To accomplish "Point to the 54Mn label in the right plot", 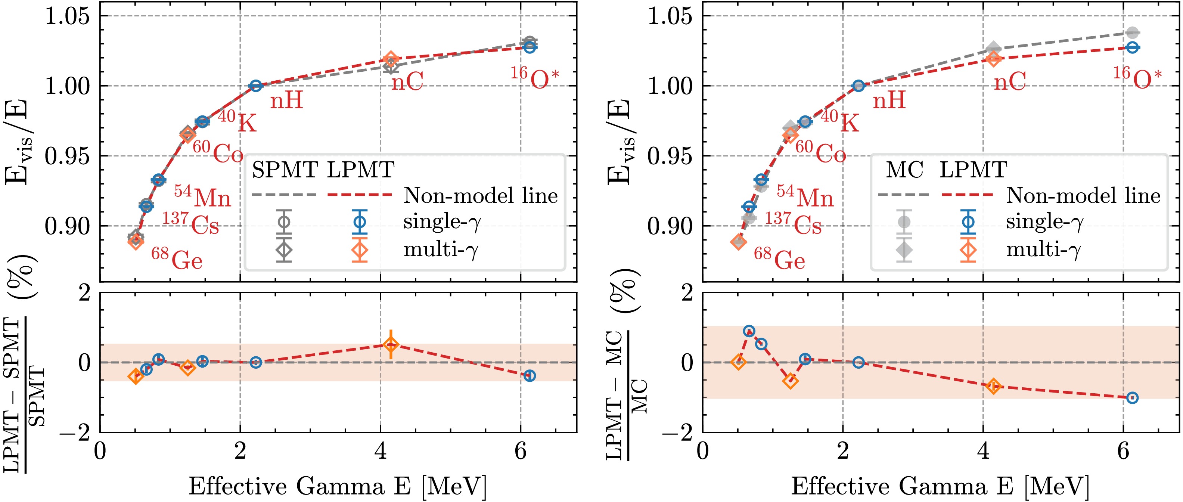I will click(x=805, y=196).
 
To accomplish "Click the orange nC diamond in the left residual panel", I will click(x=390, y=344).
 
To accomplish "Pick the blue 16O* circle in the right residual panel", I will click(x=1133, y=398).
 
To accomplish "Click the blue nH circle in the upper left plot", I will click(x=256, y=86).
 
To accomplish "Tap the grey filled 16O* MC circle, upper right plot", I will click(x=1133, y=32).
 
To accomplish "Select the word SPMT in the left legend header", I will click(x=285, y=170).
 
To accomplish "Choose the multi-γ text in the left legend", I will click(x=441, y=250).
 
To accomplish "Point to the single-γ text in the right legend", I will click(x=1044, y=222).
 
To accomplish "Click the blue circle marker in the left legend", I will click(x=360, y=222).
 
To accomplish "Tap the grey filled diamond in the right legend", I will click(x=904, y=250).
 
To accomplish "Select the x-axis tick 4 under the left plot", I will click(x=380, y=452).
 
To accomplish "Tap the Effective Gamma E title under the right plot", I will click(x=940, y=486).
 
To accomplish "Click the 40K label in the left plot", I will click(x=237, y=121).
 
